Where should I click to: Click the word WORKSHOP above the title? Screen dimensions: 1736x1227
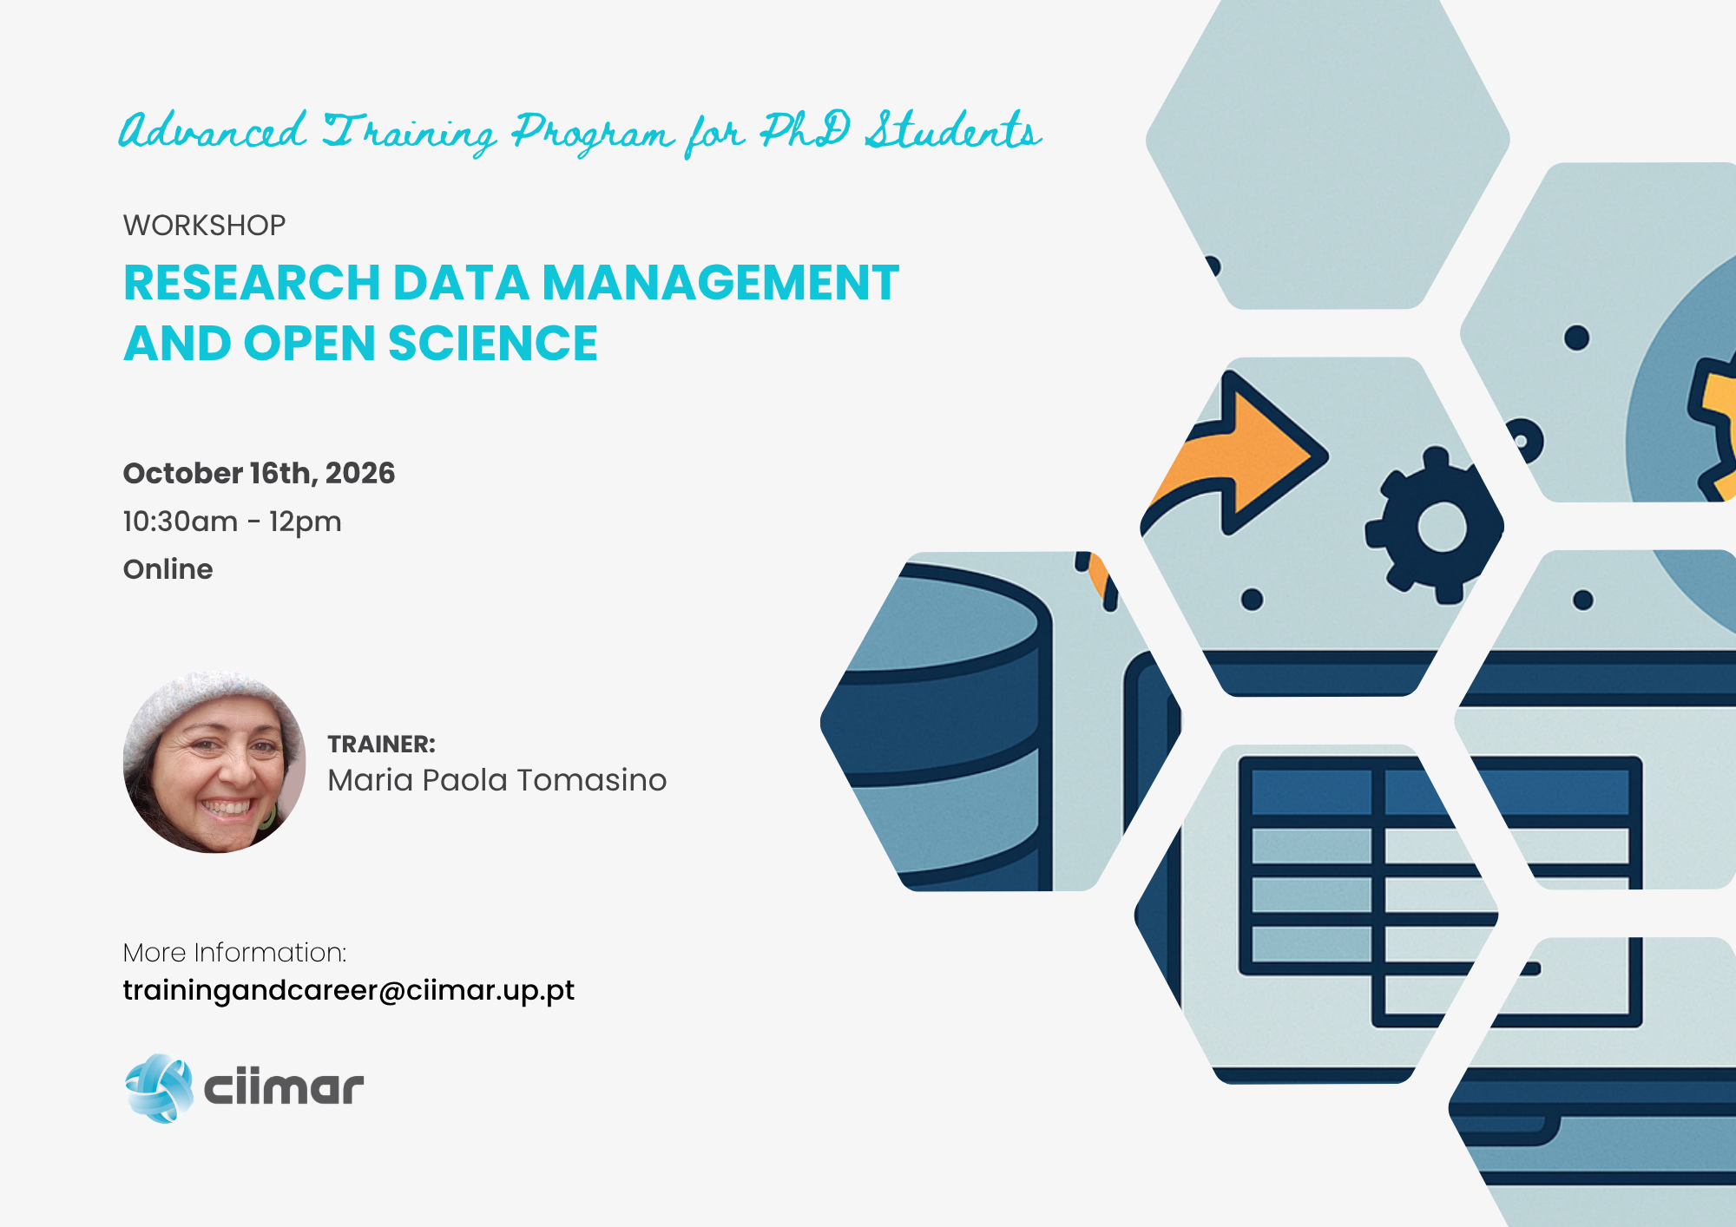coord(205,226)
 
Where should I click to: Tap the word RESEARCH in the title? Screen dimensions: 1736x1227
coord(253,283)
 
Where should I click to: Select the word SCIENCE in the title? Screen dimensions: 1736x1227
coord(493,344)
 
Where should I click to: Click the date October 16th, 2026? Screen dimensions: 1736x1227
coord(259,473)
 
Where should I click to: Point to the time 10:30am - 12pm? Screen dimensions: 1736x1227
coord(233,522)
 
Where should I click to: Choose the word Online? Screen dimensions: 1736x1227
coord(168,569)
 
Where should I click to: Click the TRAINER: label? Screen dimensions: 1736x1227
coord(381,745)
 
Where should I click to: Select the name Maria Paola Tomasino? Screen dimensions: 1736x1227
coord(497,780)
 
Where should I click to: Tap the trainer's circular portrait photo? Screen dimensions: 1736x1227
coord(214,762)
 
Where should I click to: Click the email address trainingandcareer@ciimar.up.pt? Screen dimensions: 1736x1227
coord(348,991)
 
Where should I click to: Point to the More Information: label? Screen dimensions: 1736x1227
coord(235,953)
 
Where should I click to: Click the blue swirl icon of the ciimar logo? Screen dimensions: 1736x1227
coord(159,1088)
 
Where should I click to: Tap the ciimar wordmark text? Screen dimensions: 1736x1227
coord(284,1088)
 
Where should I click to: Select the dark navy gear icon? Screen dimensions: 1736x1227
coord(1435,525)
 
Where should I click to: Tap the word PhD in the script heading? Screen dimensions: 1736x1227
coord(805,132)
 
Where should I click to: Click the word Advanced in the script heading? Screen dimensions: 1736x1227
coord(213,132)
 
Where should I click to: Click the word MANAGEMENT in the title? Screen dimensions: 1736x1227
coord(721,283)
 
